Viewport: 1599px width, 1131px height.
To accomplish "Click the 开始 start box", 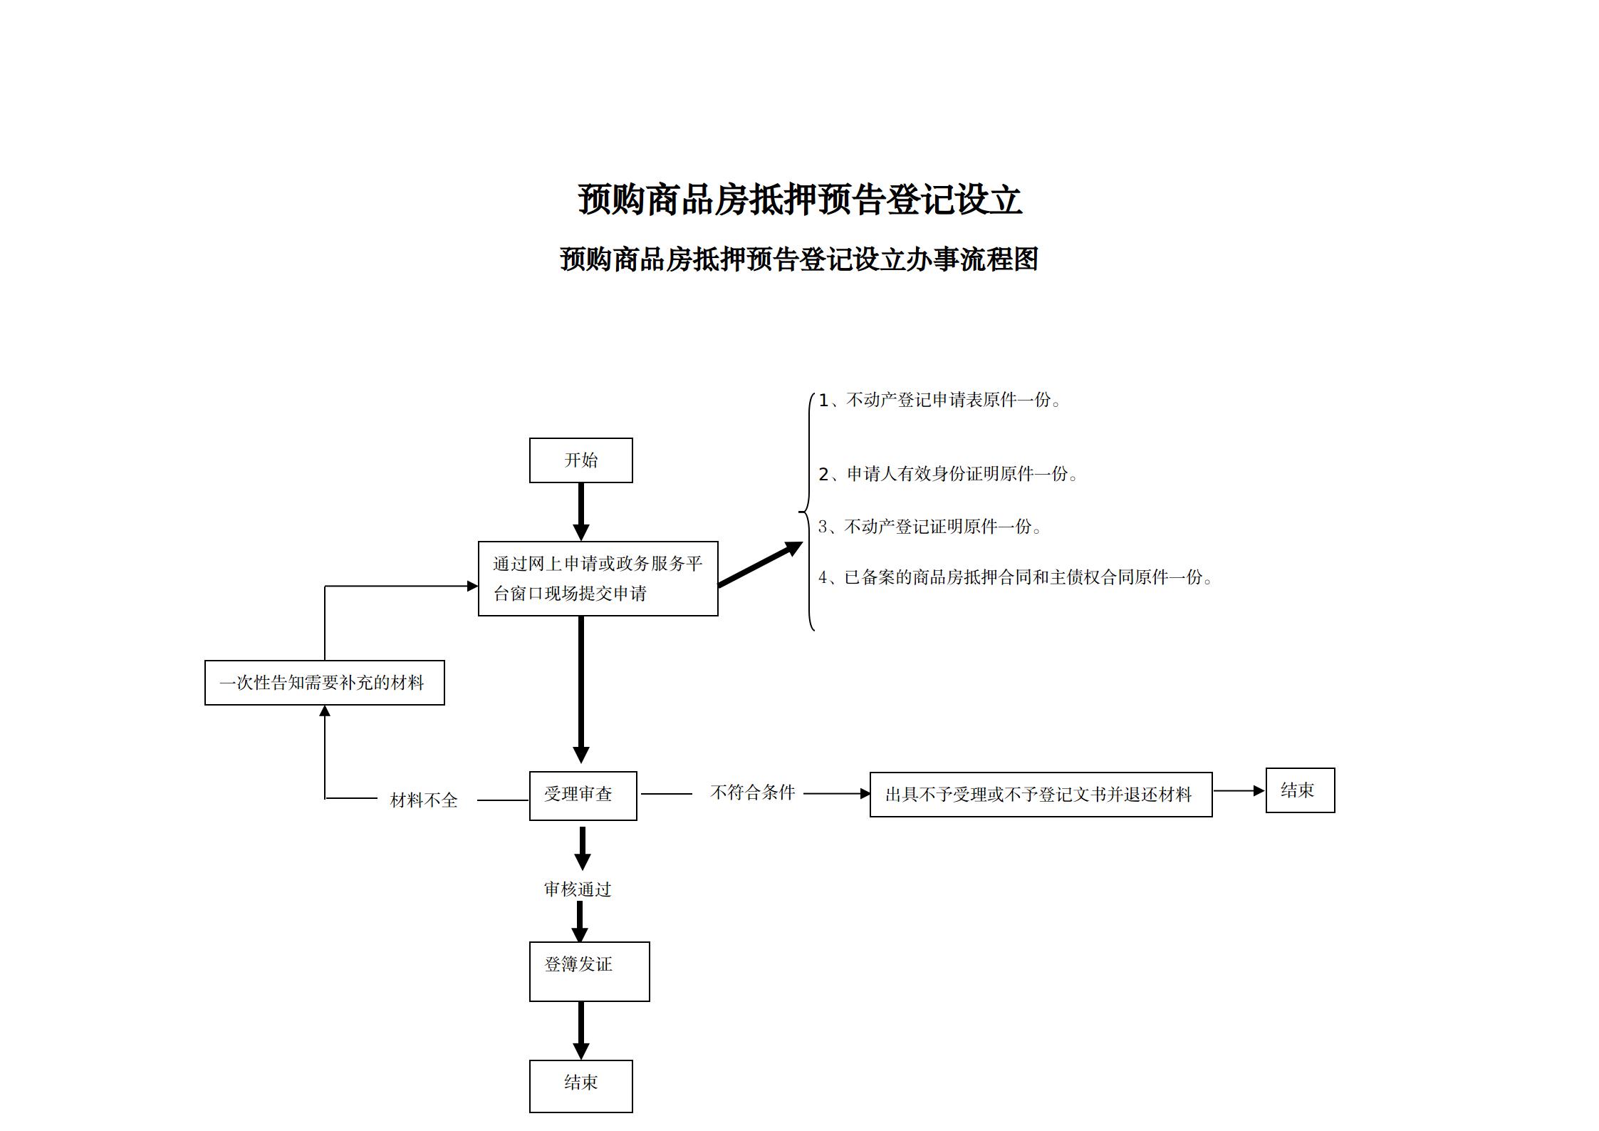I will pos(580,460).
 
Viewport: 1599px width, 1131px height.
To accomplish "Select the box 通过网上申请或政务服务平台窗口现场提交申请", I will pos(598,578).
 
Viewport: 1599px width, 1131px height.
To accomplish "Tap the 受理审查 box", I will pos(583,795).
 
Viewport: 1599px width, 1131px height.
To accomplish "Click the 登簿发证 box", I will pos(589,971).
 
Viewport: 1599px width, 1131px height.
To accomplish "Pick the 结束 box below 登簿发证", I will pos(580,1086).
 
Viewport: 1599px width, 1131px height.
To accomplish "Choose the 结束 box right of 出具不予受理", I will pos(1300,790).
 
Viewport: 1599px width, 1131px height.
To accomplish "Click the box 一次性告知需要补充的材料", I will pos(324,683).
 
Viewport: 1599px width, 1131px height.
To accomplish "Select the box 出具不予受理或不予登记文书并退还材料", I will pos(1041,795).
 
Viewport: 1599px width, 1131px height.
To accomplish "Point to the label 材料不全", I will pos(424,800).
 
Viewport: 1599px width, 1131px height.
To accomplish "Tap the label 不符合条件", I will pos(752,792).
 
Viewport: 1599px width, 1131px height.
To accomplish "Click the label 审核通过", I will pos(578,889).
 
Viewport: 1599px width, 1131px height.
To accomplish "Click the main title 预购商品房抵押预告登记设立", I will pos(799,200).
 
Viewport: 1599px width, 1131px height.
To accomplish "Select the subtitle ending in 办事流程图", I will pos(799,259).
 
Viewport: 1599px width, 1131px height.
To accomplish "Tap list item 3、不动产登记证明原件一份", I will pos(930,527).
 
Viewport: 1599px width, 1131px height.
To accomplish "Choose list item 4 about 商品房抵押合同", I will pos(1016,577).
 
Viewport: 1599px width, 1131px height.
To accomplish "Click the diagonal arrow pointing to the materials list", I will pos(760,564).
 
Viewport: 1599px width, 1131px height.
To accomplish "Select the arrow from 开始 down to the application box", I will pos(581,512).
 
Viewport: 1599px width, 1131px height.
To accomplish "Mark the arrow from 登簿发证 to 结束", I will pos(581,1031).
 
